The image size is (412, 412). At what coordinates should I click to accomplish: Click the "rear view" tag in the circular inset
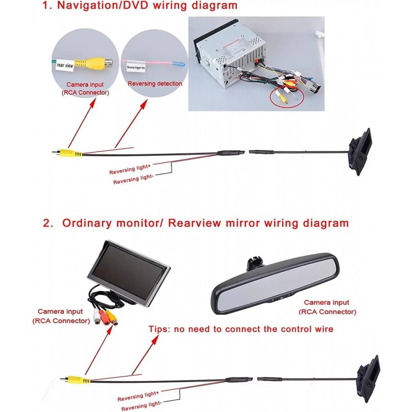65,65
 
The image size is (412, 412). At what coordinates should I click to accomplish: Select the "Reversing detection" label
154,83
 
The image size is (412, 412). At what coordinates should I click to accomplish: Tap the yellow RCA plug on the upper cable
67,152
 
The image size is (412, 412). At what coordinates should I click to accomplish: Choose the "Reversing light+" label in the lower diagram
137,398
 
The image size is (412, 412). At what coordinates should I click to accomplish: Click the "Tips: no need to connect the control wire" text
241,329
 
